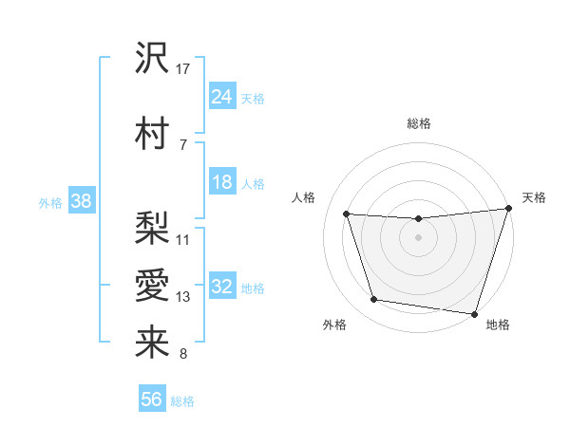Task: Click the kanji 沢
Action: coord(152,59)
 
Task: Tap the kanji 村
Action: coord(152,132)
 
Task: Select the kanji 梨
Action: coord(152,227)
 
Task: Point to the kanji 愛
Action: coord(152,286)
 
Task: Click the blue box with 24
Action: coord(222,97)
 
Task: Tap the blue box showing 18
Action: coord(222,183)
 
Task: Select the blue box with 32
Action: coord(222,288)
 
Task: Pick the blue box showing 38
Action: coord(81,201)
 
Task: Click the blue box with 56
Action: coord(152,400)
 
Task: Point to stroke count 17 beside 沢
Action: coord(184,68)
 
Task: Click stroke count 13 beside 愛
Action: coord(184,297)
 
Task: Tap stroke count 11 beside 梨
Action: coord(183,239)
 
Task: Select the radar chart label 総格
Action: coord(418,123)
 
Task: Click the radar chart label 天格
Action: coord(534,197)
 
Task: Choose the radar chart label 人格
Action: coord(303,197)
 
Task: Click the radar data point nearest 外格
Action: coord(374,300)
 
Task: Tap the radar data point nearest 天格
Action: coord(508,209)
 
